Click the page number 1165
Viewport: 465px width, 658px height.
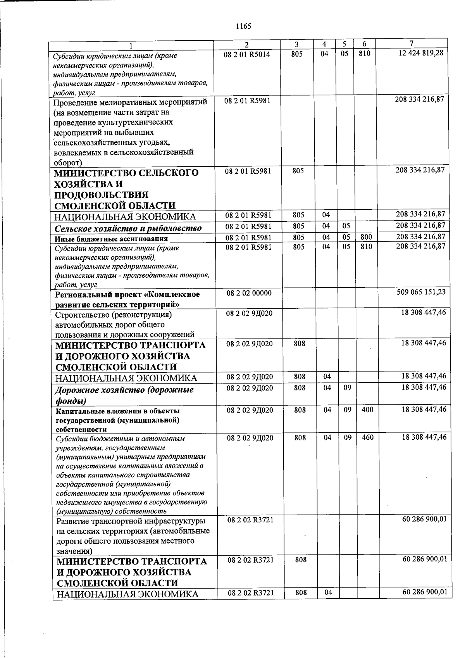click(x=243, y=26)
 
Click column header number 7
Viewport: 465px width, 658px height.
click(x=411, y=43)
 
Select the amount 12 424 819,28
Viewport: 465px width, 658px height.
click(x=420, y=53)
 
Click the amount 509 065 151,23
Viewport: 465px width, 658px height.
click(x=421, y=292)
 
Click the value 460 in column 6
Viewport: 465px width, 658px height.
click(x=367, y=438)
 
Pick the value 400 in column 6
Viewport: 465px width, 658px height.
click(x=367, y=409)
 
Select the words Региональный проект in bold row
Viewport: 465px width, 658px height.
click(x=99, y=294)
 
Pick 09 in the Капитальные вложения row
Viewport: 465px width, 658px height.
click(x=348, y=409)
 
